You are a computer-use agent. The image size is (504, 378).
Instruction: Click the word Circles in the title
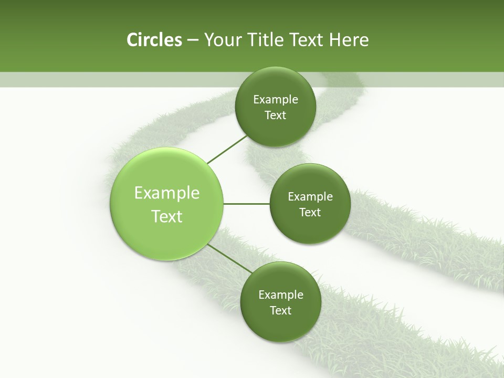(x=154, y=40)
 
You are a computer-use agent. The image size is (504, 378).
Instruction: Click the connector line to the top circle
(x=228, y=149)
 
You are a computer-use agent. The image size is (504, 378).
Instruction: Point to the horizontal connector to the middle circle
(x=247, y=204)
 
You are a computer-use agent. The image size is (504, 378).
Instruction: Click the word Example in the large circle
(x=167, y=193)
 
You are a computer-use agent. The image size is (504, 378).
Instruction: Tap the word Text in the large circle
(x=167, y=216)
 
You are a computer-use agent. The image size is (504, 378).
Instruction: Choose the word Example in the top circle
(x=276, y=100)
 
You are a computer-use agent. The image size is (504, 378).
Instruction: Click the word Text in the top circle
(x=276, y=115)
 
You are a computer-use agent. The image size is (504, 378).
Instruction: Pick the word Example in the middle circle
(x=310, y=197)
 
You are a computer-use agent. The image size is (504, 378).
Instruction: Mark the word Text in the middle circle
(x=310, y=213)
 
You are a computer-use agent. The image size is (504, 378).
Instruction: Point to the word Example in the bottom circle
(x=281, y=295)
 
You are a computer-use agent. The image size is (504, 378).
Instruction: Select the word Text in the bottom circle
(x=281, y=311)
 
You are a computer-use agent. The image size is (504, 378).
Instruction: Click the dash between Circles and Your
(x=193, y=40)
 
